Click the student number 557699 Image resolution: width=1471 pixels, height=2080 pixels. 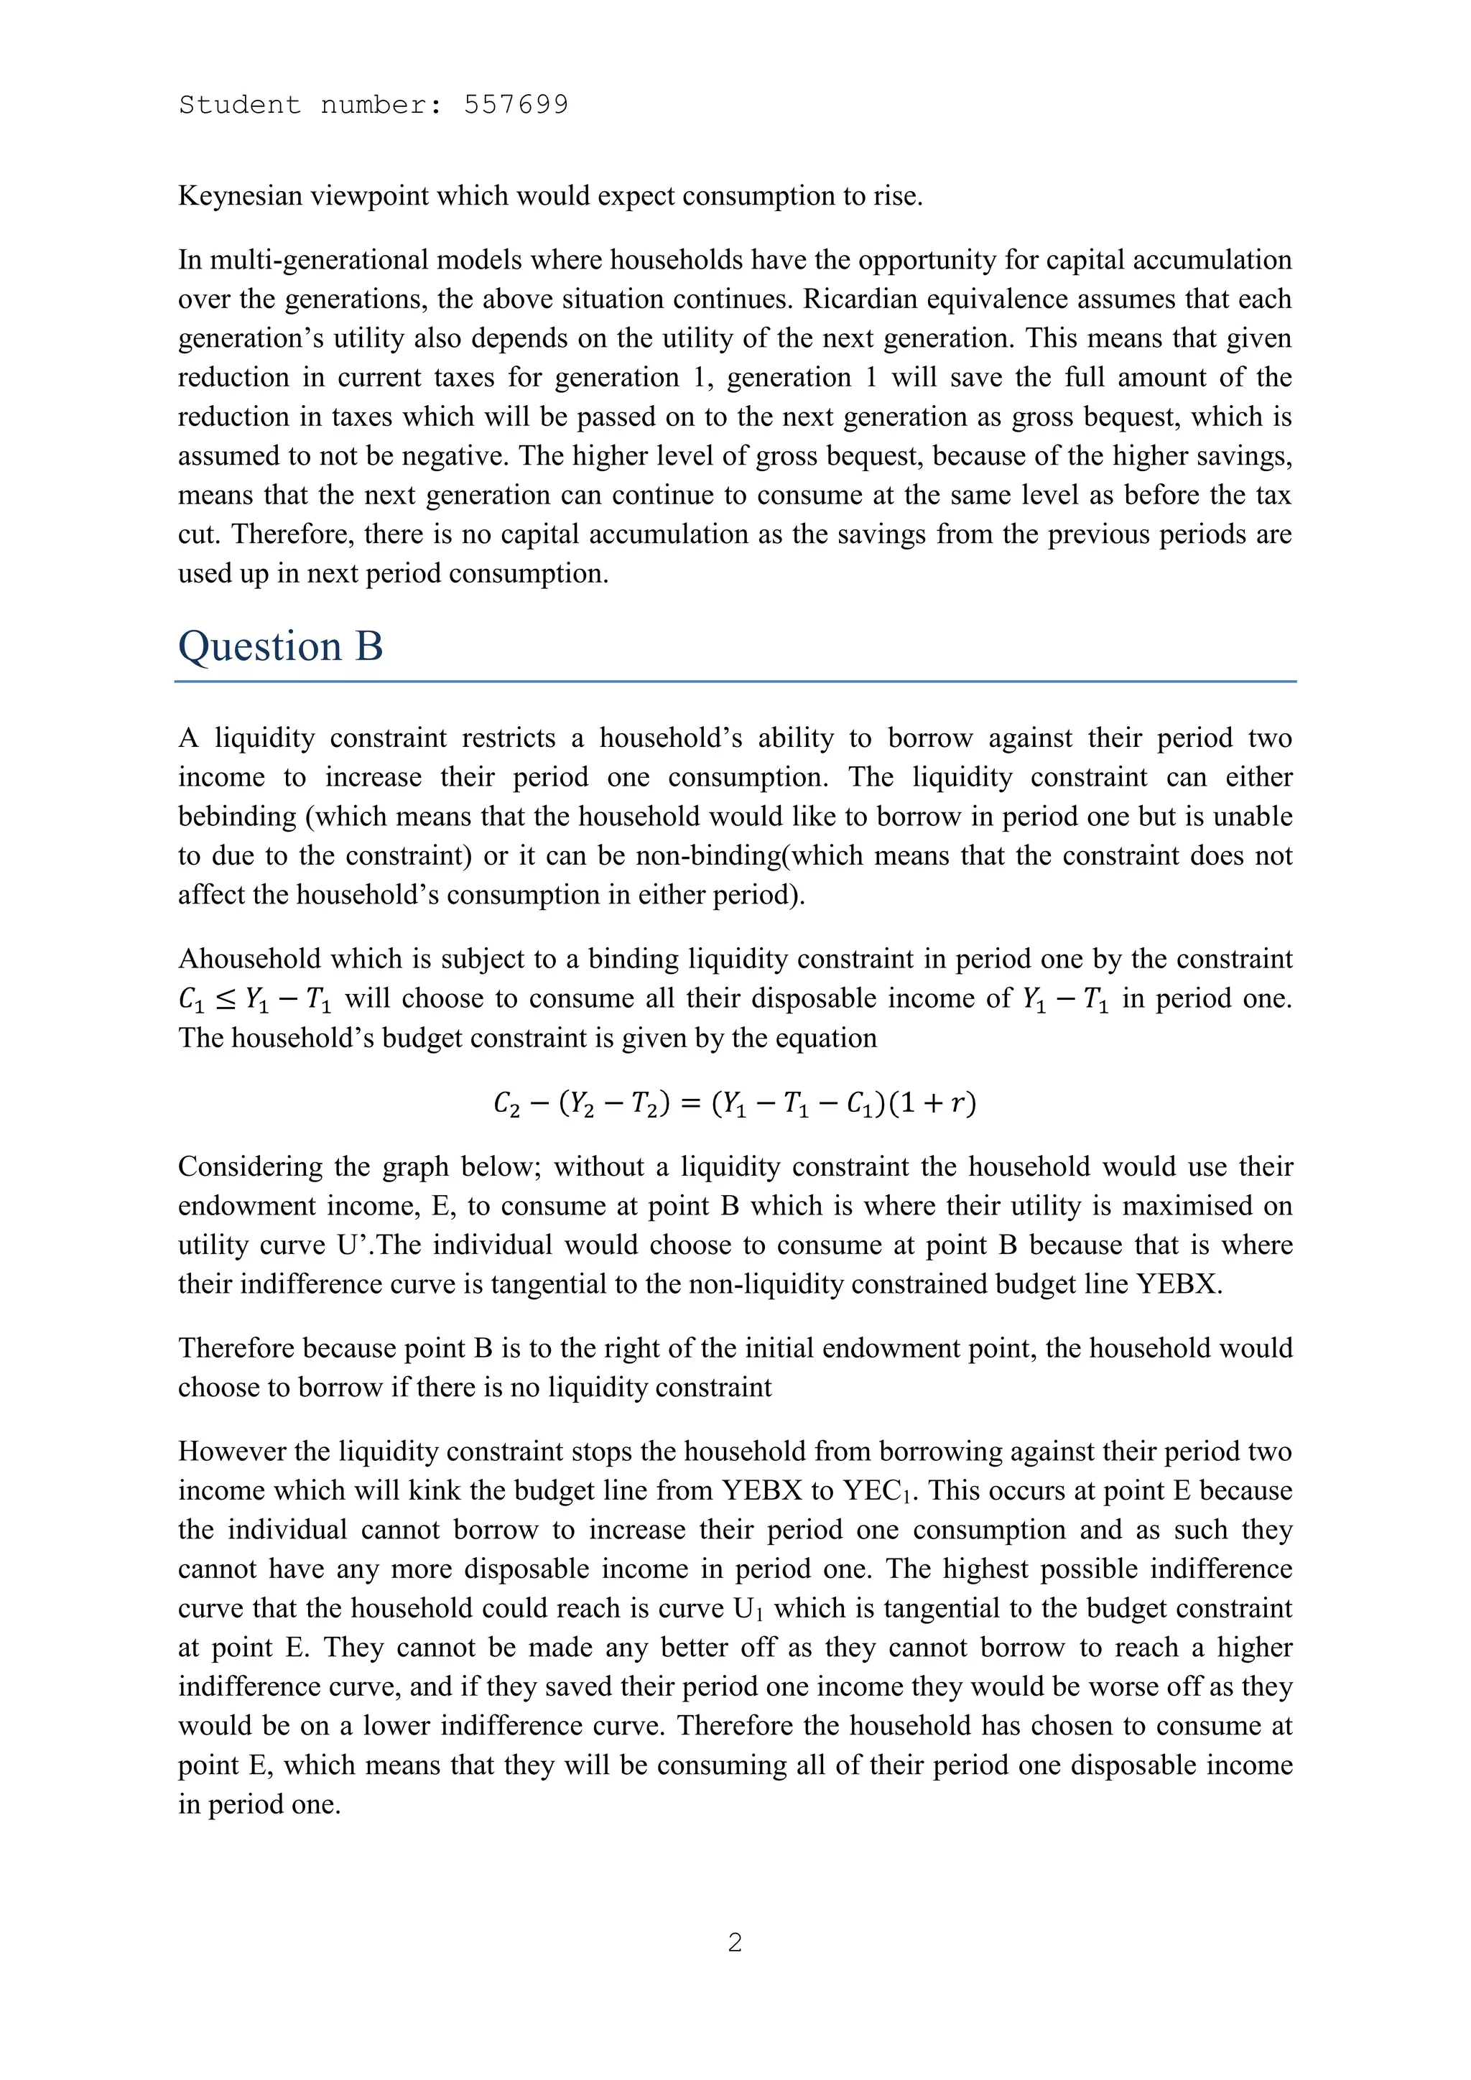pyautogui.click(x=516, y=105)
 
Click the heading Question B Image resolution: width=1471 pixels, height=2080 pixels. pyautogui.click(x=280, y=647)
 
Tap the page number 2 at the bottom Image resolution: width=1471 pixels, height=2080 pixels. pyautogui.click(x=735, y=1941)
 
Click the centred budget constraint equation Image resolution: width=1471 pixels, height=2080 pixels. pyautogui.click(x=735, y=1102)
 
